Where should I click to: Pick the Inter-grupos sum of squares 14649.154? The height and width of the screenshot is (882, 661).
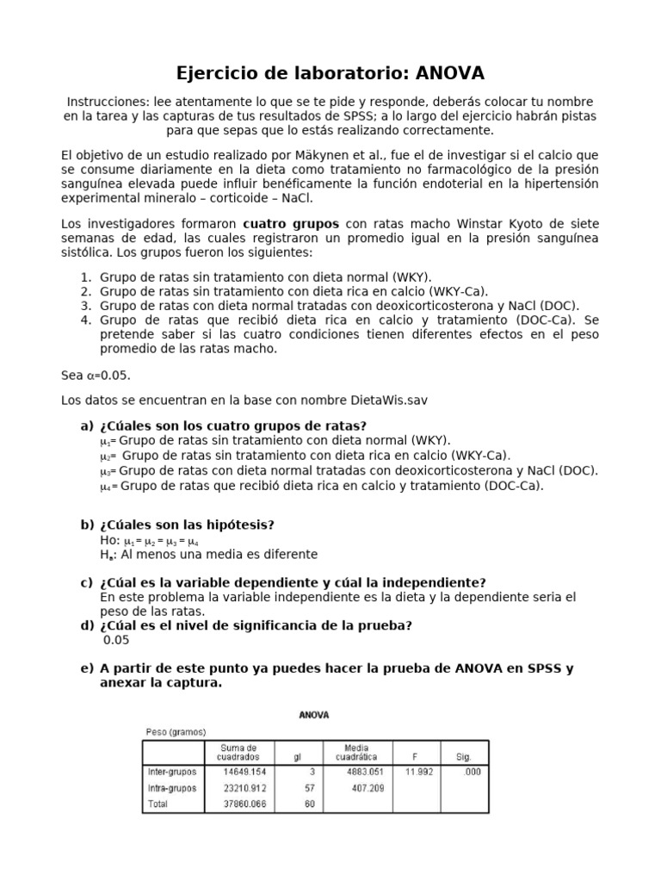[243, 772]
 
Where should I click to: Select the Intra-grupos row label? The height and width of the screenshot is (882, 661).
[171, 788]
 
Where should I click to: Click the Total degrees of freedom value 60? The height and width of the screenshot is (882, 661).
[308, 804]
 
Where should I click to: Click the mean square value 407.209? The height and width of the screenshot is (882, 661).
[366, 788]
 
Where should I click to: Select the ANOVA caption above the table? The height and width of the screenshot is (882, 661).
[313, 715]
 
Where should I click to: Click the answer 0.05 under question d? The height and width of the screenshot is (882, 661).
[116, 640]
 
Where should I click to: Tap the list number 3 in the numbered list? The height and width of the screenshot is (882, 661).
[85, 305]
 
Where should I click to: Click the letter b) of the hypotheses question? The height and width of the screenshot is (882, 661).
[86, 525]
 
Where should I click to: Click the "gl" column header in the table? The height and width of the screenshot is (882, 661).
[297, 757]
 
